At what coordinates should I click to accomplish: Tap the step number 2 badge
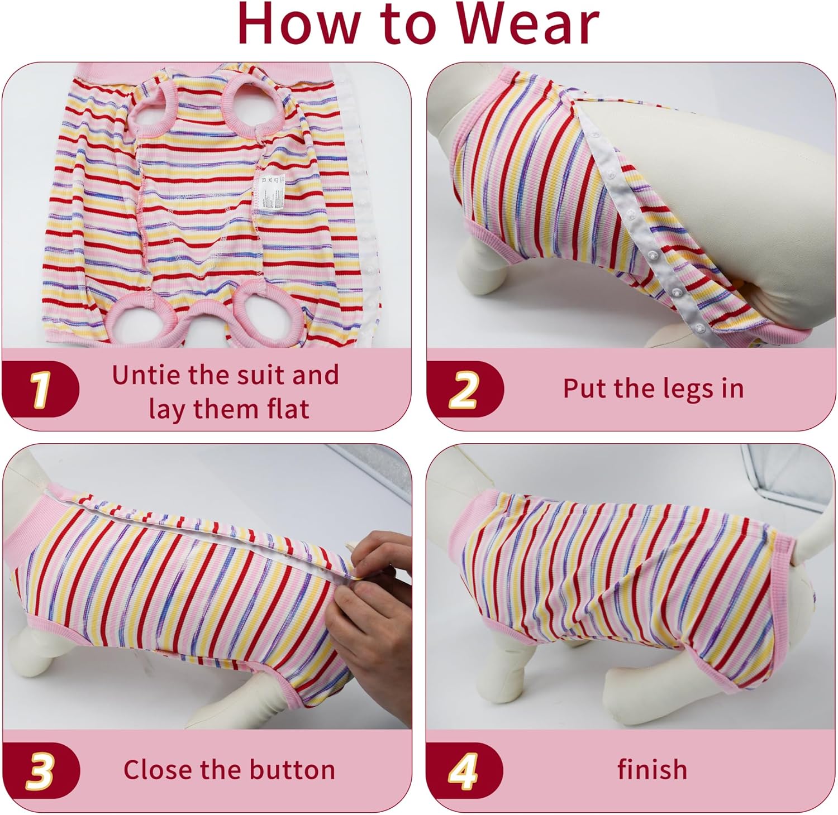(x=464, y=389)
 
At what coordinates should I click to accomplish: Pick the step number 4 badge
(x=464, y=770)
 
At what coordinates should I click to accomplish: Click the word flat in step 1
(x=289, y=409)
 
